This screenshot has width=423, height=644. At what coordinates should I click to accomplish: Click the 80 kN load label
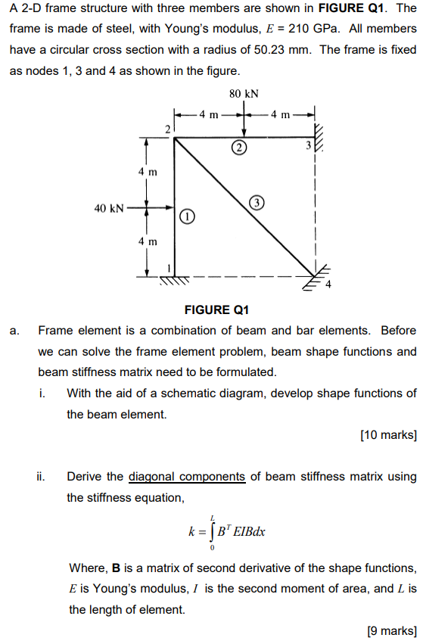(x=243, y=94)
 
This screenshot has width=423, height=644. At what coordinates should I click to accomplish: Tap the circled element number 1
(x=186, y=216)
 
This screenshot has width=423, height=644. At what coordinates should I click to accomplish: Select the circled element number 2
(x=239, y=147)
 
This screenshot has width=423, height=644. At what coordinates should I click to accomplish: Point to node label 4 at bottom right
(x=328, y=285)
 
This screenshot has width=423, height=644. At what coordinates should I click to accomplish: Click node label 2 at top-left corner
(x=167, y=131)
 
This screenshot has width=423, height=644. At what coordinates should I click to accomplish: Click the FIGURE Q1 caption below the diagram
(x=216, y=310)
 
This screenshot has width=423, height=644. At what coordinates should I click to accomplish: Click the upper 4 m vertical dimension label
(x=148, y=172)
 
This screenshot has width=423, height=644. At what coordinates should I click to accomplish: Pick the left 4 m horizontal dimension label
(x=208, y=115)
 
